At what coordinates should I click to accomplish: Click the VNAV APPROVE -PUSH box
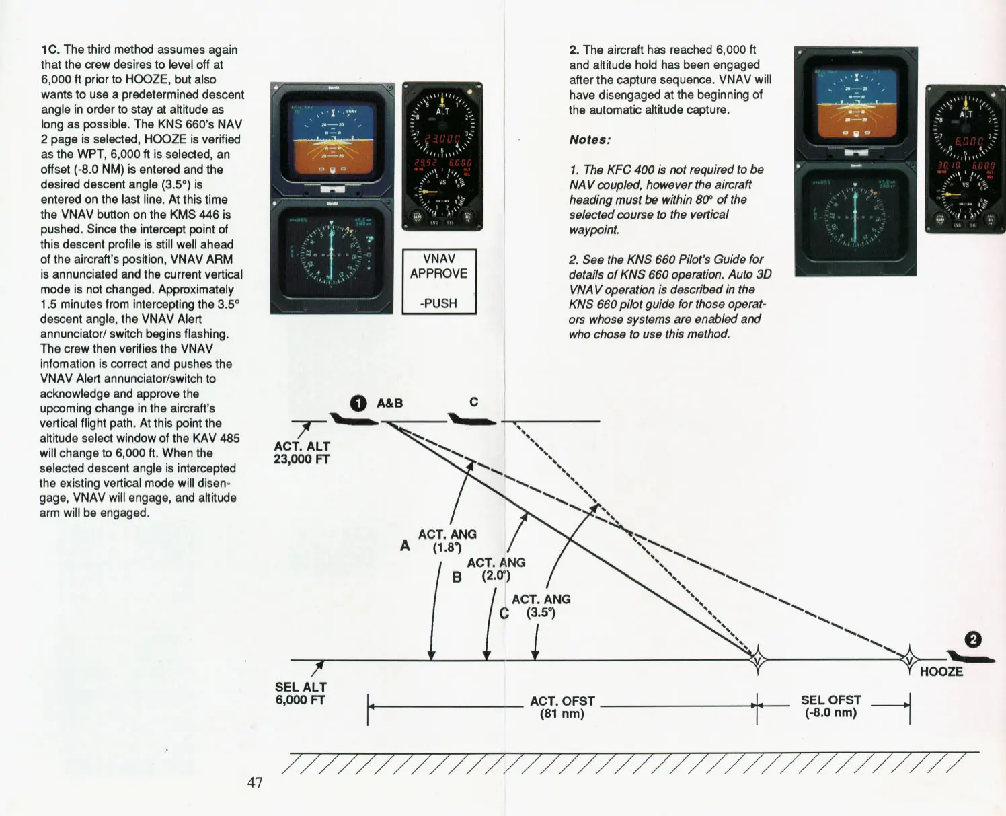439,281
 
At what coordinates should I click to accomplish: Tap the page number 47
255,782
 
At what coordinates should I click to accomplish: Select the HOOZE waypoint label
941,671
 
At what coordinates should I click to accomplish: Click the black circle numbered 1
359,403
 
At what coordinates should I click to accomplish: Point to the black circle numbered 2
973,639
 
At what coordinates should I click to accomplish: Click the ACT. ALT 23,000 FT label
301,453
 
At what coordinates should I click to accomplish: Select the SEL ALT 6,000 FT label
300,694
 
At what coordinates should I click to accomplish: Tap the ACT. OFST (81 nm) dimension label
562,707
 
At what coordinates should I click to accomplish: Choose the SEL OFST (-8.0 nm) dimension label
830,706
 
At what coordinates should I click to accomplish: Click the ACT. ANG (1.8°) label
447,541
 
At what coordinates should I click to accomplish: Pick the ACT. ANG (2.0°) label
496,569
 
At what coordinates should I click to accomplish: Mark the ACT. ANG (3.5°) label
541,605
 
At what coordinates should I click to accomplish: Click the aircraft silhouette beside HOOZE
970,657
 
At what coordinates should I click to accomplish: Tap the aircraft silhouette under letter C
471,420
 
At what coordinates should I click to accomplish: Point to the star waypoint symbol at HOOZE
909,659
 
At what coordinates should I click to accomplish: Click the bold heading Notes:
590,140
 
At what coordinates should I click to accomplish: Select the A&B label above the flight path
389,403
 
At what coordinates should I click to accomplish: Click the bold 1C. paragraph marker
50,50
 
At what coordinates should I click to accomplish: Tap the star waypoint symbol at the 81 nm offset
758,659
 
